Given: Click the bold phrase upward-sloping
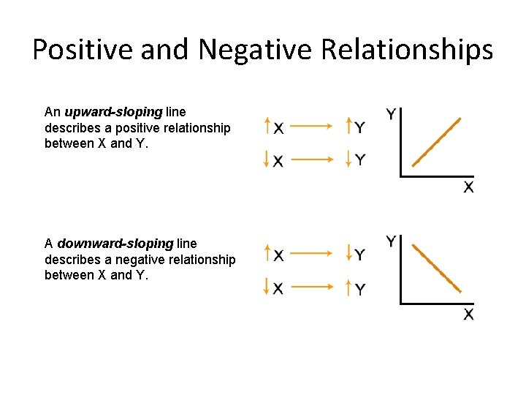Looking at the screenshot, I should tap(113, 112).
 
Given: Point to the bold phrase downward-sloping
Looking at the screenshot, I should tap(115, 243).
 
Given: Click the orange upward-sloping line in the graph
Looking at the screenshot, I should tap(437, 142).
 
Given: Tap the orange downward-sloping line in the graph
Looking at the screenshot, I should tap(437, 268).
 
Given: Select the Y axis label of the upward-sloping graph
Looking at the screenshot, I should tap(392, 114).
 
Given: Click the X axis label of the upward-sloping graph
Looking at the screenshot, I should tap(468, 187).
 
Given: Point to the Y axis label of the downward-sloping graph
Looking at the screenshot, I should tap(392, 241).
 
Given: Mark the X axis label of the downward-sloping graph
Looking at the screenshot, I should tap(468, 315).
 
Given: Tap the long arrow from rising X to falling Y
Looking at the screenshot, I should tap(312, 254).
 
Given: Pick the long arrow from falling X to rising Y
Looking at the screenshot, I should tap(312, 287).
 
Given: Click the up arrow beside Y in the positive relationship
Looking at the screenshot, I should tap(349, 126).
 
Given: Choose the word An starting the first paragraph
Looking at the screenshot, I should tap(52, 112).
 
